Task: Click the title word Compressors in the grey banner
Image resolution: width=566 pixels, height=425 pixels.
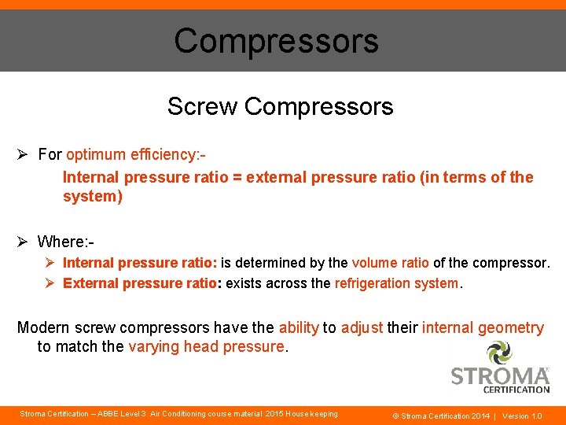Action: coord(276,41)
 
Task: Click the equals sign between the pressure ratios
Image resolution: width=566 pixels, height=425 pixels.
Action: coord(237,177)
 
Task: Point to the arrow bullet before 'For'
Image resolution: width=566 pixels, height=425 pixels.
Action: coord(24,154)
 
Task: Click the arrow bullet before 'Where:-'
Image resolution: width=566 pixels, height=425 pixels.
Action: coord(24,241)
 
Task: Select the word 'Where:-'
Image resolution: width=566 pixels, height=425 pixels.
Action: coord(66,241)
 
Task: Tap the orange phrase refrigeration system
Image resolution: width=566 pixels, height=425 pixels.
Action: coord(396,283)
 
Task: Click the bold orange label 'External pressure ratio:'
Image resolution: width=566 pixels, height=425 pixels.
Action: coord(141,283)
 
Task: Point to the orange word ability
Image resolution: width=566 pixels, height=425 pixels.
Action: coord(299,327)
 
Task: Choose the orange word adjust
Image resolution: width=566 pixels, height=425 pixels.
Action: coord(362,327)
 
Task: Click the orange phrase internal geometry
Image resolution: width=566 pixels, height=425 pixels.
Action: coord(483,327)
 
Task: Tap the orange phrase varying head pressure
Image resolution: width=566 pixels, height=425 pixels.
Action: coord(205,347)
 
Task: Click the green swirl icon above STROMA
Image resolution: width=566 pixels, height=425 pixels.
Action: coord(499,353)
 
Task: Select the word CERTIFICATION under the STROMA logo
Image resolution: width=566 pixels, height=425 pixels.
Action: coord(516,389)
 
